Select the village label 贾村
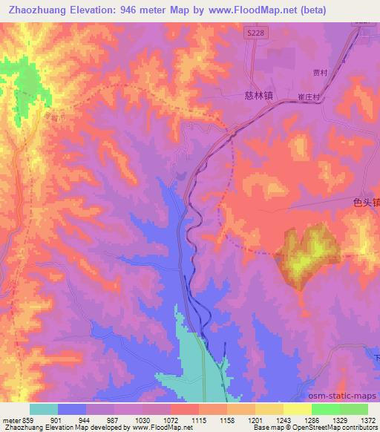(x=320, y=73)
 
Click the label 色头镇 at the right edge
(x=367, y=202)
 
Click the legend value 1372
(x=369, y=421)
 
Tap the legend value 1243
(x=284, y=421)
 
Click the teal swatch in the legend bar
(x=44, y=409)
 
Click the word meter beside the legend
(x=10, y=421)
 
